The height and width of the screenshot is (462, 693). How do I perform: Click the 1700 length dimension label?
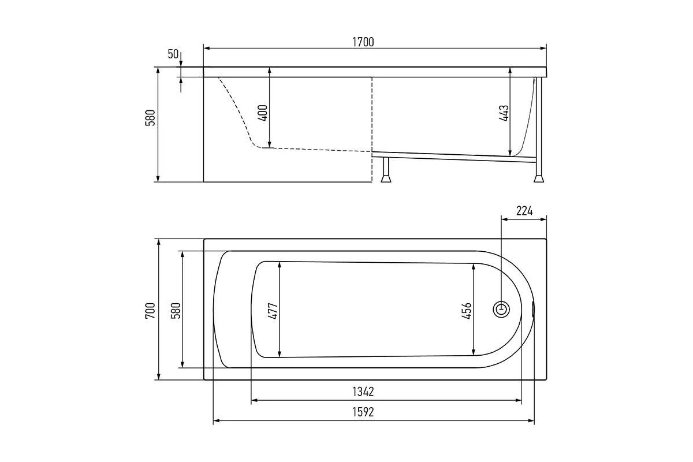363,42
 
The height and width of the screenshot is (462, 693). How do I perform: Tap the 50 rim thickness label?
173,54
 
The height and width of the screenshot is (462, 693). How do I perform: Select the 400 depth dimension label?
262,113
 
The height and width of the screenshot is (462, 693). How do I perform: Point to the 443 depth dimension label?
504,113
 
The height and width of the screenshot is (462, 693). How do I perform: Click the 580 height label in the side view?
150,118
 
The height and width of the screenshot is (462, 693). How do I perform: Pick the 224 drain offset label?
524,211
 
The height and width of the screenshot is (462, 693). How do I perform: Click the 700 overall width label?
150,311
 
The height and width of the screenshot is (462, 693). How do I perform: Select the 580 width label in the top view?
176,311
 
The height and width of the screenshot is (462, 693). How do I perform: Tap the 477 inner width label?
273,311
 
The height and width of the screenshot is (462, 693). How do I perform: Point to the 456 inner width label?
467,311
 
